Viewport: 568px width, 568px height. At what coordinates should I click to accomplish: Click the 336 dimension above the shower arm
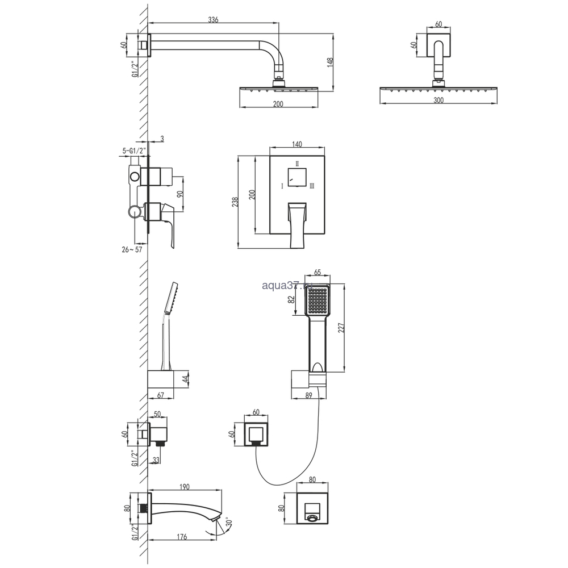213,19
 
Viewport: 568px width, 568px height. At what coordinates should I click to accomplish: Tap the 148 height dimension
329,62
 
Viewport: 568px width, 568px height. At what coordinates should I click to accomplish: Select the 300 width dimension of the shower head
438,101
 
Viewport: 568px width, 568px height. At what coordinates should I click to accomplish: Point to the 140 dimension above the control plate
296,144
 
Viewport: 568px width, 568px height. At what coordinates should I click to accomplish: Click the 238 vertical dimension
235,202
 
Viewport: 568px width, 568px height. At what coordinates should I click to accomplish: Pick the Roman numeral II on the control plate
297,164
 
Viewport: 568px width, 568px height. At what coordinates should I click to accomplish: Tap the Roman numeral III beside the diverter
312,186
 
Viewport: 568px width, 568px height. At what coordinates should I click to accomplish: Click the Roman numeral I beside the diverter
282,186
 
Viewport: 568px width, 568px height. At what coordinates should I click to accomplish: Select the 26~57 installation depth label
132,249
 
